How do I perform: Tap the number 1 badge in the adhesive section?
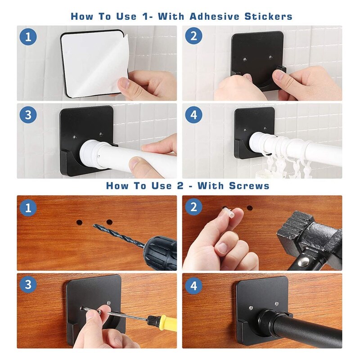click(28, 37)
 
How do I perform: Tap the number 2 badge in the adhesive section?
click(193, 37)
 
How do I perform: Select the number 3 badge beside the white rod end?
click(28, 115)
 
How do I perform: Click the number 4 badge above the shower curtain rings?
click(193, 115)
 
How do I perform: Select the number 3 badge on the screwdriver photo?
click(28, 284)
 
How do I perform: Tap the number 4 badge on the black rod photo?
click(193, 284)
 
